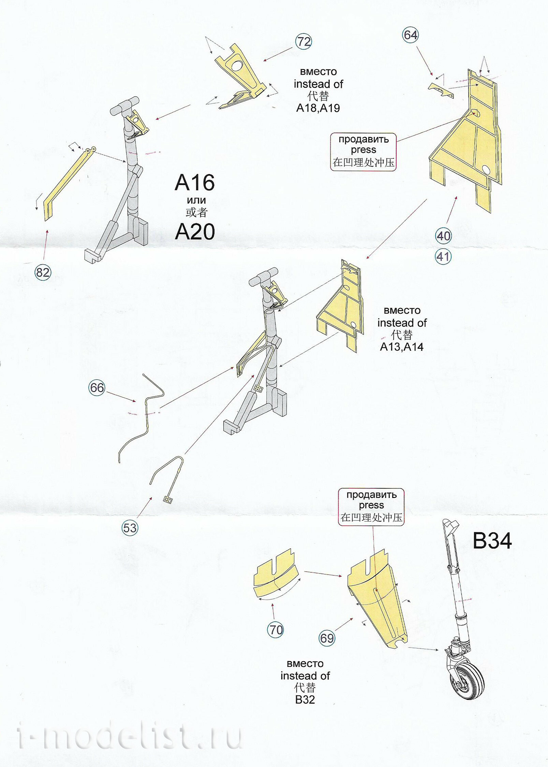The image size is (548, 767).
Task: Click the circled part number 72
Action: click(303, 42)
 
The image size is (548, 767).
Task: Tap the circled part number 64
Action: click(410, 35)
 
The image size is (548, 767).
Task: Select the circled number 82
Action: click(43, 272)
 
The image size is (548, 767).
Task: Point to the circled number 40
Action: click(443, 236)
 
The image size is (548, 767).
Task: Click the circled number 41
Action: click(443, 257)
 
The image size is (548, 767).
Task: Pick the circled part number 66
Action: click(97, 388)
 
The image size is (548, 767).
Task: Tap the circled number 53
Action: click(130, 528)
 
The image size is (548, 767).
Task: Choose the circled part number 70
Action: click(276, 630)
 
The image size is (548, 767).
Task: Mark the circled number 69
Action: click(327, 638)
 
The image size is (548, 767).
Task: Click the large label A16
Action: click(195, 183)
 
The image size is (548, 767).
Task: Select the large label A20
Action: click(195, 232)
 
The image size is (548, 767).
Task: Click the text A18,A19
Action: click(318, 108)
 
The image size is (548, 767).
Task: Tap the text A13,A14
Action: click(402, 347)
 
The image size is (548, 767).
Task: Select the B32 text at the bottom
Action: click(305, 700)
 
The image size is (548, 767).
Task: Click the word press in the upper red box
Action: click(363, 150)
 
